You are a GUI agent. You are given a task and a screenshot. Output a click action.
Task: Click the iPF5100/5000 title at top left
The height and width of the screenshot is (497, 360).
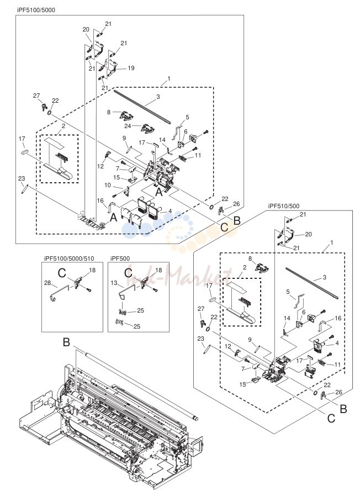tap(36, 10)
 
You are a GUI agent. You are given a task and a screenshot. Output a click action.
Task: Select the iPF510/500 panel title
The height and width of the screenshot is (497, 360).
tap(283, 206)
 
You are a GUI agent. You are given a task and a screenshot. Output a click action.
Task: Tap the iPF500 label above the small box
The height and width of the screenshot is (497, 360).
tap(120, 258)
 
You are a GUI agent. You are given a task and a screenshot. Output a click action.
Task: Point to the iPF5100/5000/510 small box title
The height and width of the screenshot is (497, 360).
tap(69, 258)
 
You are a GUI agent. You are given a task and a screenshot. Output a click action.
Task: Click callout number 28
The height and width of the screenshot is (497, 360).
tap(47, 283)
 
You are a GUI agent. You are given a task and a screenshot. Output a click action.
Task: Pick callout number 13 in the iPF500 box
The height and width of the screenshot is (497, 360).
tap(114, 282)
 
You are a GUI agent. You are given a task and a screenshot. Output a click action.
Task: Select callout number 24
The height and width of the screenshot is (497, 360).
tap(128, 126)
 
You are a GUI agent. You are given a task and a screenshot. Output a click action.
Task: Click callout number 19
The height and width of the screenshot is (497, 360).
tap(131, 68)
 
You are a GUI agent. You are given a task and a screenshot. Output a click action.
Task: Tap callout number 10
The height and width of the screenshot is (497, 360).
tap(108, 185)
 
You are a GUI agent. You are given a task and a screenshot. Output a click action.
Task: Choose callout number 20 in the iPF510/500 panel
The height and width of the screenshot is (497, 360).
tap(308, 234)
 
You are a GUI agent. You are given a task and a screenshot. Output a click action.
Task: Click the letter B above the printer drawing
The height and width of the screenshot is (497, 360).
tap(66, 342)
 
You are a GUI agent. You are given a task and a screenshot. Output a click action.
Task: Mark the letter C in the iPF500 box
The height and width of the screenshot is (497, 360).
tap(128, 273)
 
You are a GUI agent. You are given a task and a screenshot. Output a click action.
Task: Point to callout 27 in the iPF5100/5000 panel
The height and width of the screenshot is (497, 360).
tap(36, 96)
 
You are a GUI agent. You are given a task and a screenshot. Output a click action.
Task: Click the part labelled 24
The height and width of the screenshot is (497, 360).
tap(147, 128)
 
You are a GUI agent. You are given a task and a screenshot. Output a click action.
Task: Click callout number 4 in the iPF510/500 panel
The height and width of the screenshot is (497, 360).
tap(337, 343)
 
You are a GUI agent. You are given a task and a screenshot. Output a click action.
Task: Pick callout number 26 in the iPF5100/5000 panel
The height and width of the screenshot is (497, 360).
tap(236, 204)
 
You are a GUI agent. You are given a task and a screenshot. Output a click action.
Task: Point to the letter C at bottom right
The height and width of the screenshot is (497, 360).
tap(331, 419)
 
